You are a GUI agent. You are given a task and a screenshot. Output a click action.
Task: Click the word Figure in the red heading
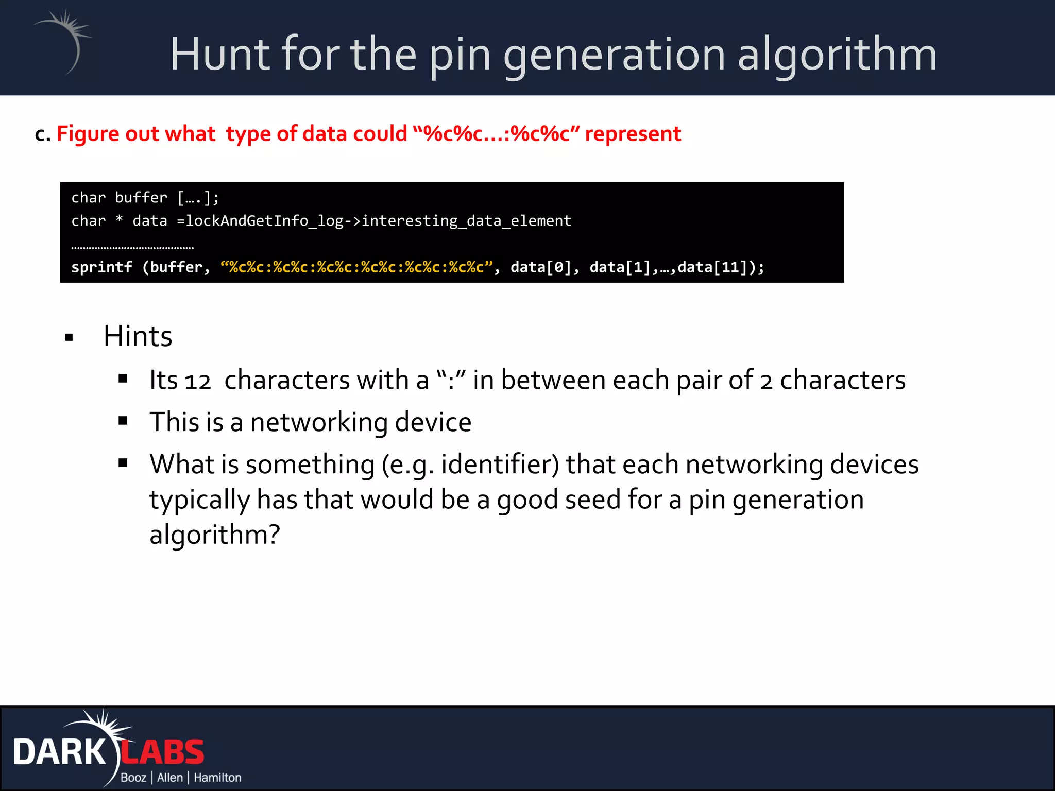[x=89, y=134]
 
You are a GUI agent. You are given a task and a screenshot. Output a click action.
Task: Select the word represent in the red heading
[x=633, y=134]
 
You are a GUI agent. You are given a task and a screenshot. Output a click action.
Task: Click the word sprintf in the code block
[x=101, y=267]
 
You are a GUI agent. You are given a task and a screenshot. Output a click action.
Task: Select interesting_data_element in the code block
[x=466, y=221]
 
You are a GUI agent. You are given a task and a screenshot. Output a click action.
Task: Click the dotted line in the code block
[x=132, y=248]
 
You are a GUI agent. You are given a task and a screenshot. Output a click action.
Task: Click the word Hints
[x=138, y=337]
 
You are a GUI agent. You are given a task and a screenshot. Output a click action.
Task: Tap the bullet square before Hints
[x=69, y=338]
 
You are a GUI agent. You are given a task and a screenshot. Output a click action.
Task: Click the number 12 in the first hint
[x=198, y=382]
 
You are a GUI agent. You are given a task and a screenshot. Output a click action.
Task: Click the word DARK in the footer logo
[x=59, y=752]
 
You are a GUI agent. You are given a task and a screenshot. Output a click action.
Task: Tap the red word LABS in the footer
[x=163, y=752]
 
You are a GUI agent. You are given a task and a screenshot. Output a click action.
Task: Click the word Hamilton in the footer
[x=217, y=778]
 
